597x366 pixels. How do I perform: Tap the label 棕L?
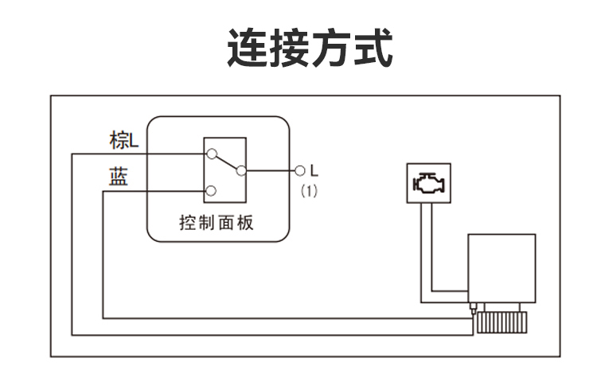(x=123, y=141)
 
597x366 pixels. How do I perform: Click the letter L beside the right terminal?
(x=314, y=170)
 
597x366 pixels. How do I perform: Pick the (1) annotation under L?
(x=310, y=191)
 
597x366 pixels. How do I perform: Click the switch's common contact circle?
(x=242, y=170)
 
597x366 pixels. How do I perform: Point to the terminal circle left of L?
(x=299, y=170)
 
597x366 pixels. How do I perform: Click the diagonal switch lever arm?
(x=226, y=162)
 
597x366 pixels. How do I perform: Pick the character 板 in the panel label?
(x=246, y=222)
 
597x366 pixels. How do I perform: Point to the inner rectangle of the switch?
(x=225, y=172)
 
